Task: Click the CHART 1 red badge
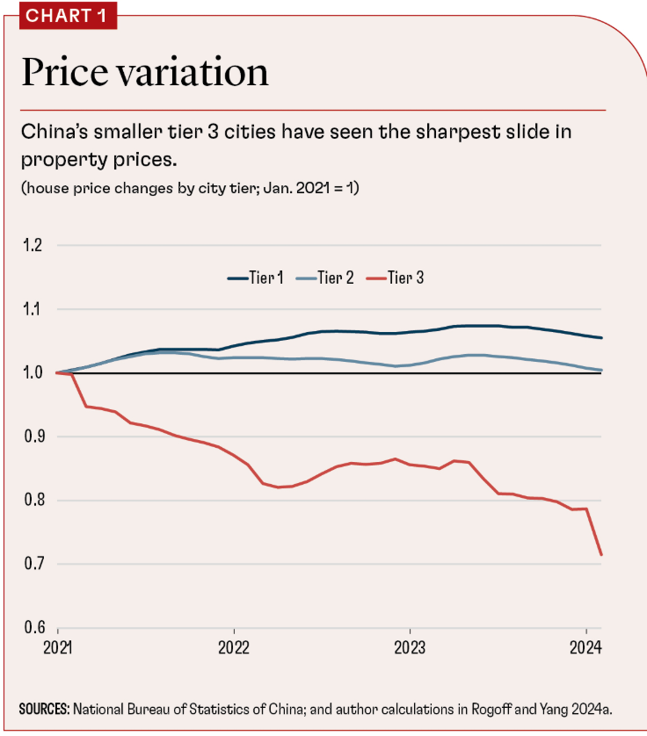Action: [58, 15]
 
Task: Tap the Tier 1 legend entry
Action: [256, 278]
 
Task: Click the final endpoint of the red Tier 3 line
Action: [601, 554]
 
